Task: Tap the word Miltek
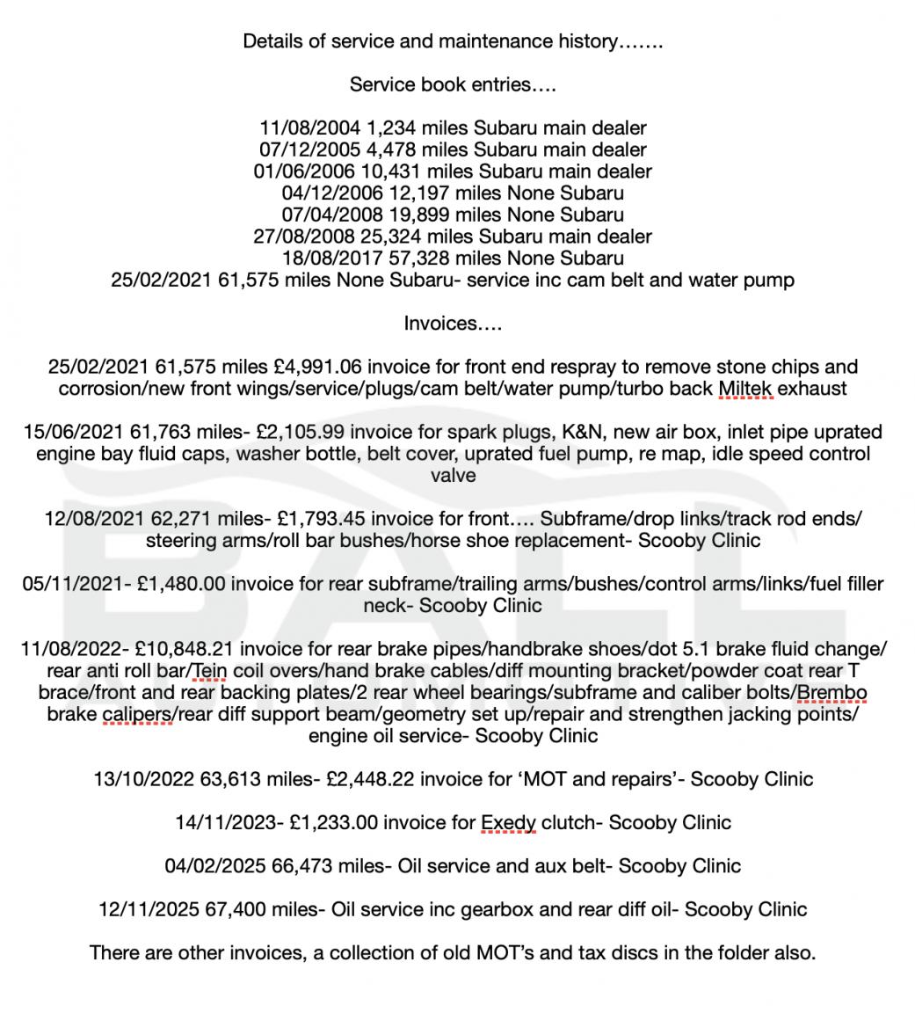coord(745,389)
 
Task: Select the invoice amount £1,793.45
coord(294,519)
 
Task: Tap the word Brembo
coord(831,693)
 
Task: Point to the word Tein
coord(209,671)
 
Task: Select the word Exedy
coord(508,823)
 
